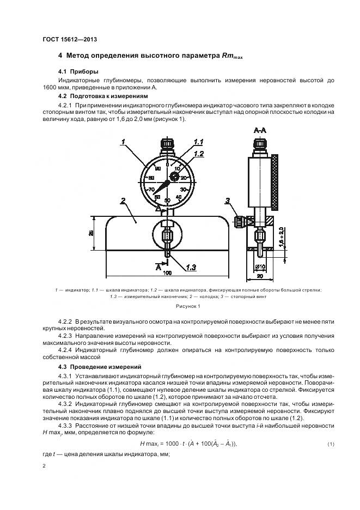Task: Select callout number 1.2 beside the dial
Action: pos(198,154)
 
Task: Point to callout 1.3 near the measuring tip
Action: pos(191,266)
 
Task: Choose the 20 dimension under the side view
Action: pos(260,276)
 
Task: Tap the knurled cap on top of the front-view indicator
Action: pos(167,144)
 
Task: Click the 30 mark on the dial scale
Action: pos(184,189)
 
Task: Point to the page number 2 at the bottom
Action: pos(44,466)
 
